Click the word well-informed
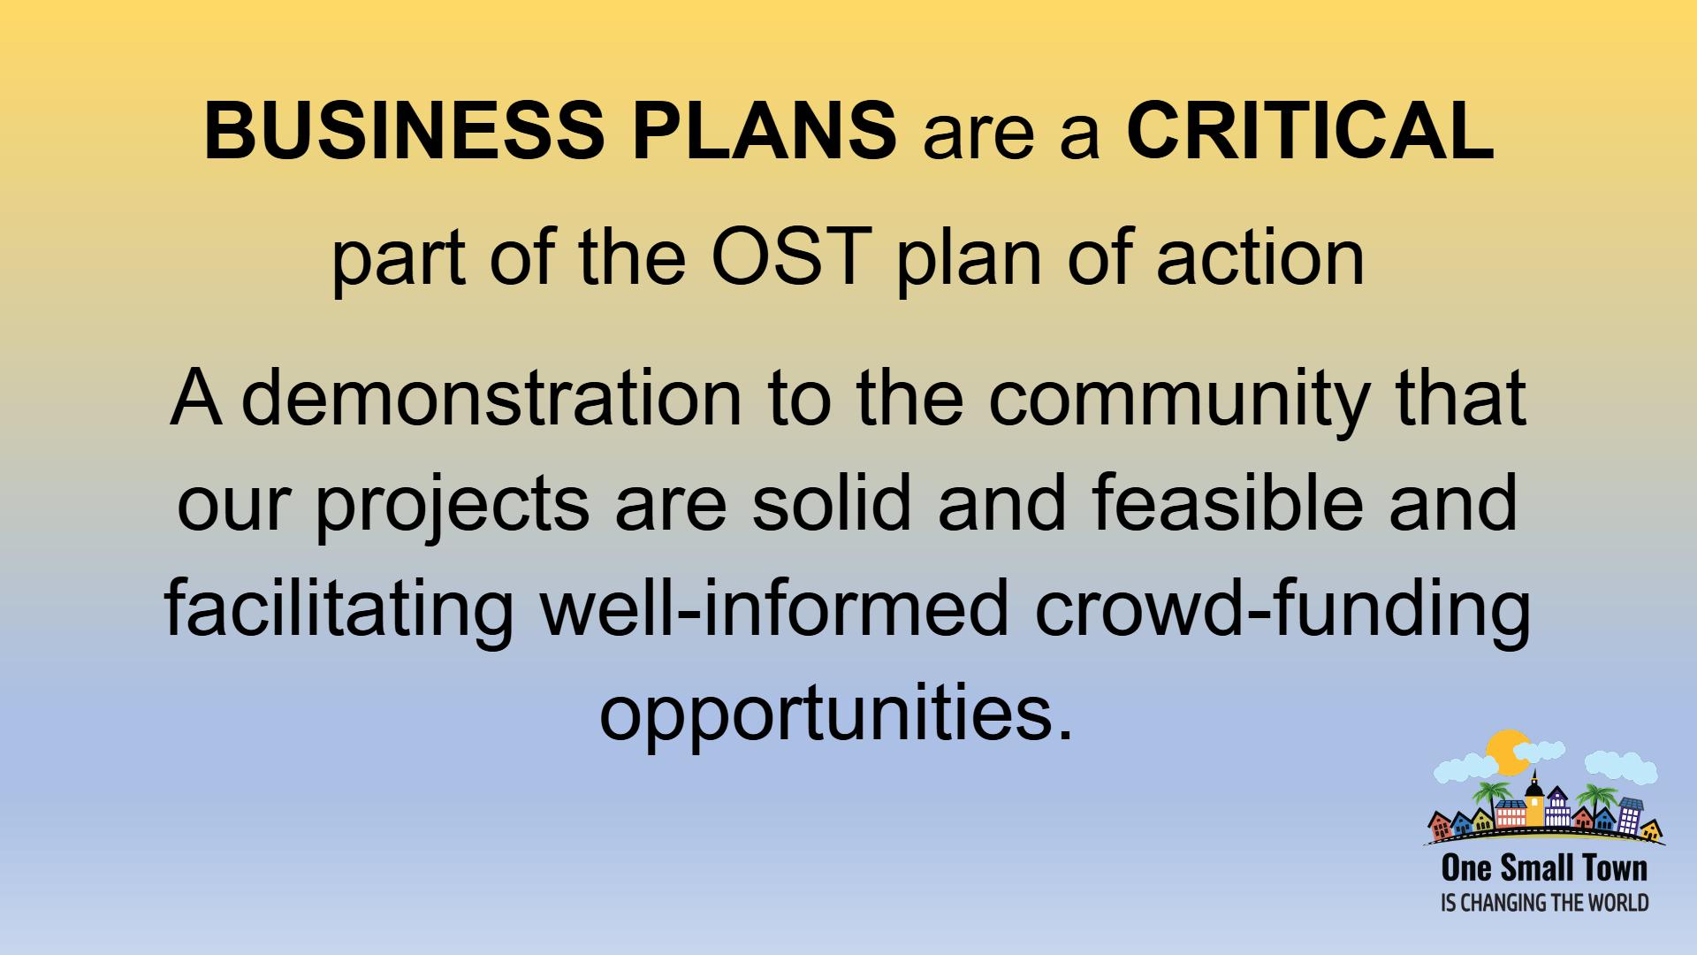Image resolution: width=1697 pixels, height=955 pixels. (x=774, y=608)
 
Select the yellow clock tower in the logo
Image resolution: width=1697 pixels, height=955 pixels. (x=1534, y=798)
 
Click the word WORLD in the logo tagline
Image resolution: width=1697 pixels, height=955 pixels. (x=1621, y=903)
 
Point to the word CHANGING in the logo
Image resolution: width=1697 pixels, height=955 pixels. (x=1508, y=903)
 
